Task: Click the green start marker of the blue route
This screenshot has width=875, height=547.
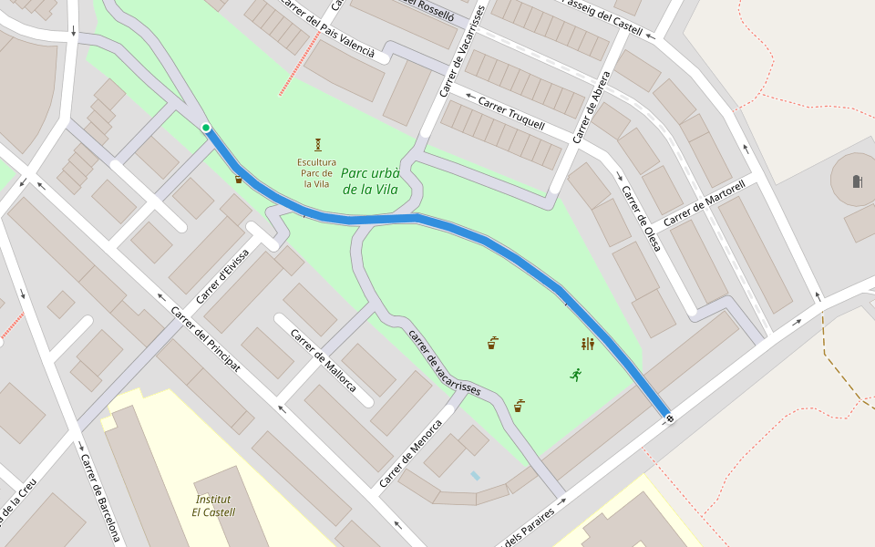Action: (206, 128)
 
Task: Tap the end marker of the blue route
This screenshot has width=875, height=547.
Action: (670, 418)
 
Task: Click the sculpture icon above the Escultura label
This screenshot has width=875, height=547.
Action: (318, 144)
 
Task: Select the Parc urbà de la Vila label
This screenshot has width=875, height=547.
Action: (370, 181)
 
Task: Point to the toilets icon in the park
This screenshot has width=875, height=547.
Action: (588, 344)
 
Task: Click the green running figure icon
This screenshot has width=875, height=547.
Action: (576, 374)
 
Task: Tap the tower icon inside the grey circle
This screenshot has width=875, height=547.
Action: (857, 181)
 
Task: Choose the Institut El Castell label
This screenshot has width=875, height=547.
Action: (213, 506)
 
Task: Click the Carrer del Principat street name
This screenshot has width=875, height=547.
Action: (205, 338)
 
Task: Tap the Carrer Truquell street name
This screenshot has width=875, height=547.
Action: (511, 112)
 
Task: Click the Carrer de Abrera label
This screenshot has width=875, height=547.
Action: (592, 108)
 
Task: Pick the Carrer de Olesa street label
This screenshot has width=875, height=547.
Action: (641, 219)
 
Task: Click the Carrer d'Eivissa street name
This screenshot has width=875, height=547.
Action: (222, 276)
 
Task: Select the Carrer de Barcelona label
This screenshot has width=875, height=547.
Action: (100, 498)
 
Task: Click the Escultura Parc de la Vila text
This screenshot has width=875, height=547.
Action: (316, 173)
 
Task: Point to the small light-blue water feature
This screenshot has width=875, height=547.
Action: (475, 476)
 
